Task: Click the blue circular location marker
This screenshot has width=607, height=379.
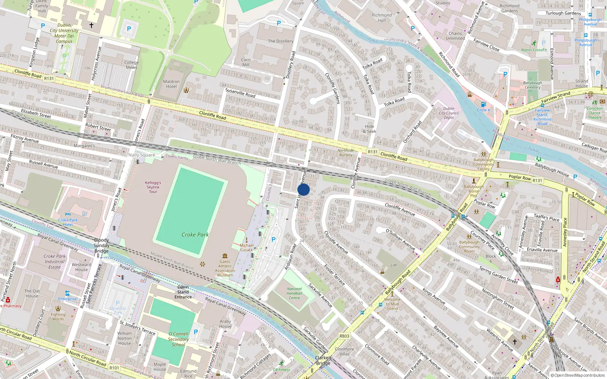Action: pos(303,189)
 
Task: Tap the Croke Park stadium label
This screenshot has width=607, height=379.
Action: pos(195,235)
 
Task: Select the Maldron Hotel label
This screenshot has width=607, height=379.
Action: pos(171,84)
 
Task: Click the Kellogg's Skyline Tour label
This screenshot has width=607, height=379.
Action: pos(153,187)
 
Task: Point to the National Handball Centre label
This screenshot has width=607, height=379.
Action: pos(294,293)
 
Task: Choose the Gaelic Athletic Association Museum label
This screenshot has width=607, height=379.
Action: pos(225,268)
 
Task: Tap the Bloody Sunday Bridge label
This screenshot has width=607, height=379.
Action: pos(101,246)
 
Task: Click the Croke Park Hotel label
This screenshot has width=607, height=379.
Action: pos(68,222)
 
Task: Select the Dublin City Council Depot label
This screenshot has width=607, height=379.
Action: pos(449,113)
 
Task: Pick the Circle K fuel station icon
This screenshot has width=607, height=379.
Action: pos(483,104)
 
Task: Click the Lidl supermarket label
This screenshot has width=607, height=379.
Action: pos(393,265)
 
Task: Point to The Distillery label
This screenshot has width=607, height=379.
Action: pos(280,41)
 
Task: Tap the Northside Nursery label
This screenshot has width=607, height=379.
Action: pos(346,153)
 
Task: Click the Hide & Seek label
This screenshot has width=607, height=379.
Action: pos(370,129)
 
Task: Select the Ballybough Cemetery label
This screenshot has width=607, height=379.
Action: pos(533,85)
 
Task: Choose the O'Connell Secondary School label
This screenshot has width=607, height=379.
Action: pos(178,339)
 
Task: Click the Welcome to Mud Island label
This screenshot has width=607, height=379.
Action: pos(392,304)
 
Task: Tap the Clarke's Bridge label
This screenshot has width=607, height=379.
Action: pos(323,360)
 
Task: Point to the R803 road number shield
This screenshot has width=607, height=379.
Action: pos(344,336)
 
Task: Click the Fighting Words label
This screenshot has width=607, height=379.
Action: pos(58,316)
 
